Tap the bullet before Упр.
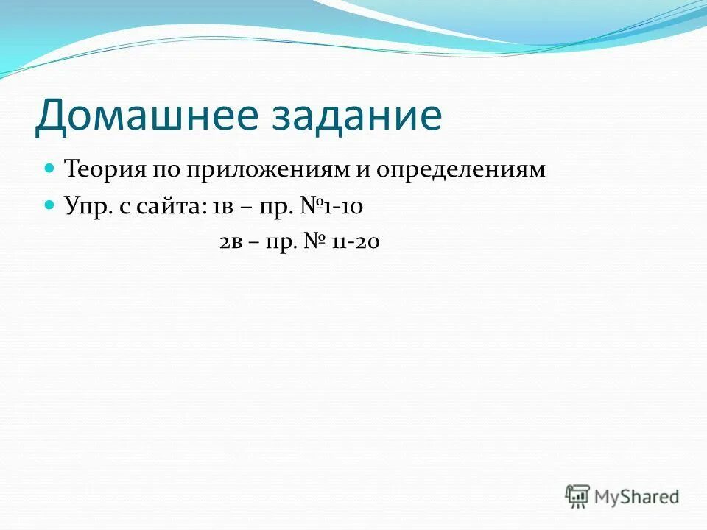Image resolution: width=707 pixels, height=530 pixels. pyautogui.click(x=50, y=206)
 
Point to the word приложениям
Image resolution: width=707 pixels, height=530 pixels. pyautogui.click(x=267, y=170)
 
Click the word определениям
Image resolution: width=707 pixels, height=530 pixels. pyautogui.click(x=461, y=170)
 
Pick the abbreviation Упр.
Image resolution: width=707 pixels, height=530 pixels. pyautogui.click(x=87, y=207)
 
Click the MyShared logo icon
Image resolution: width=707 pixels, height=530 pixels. pyautogui.click(x=577, y=496)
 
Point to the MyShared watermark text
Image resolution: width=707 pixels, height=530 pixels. pyautogui.click(x=637, y=497)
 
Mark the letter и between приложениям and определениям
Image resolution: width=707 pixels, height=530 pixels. pyautogui.click(x=362, y=170)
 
